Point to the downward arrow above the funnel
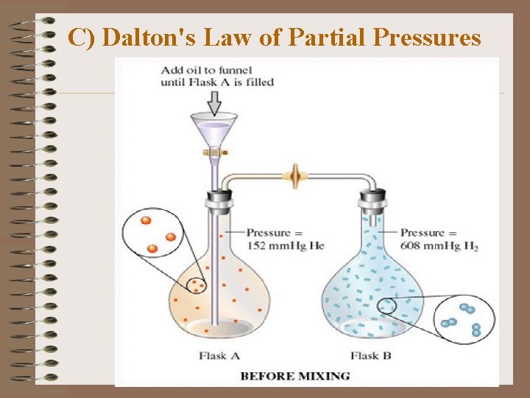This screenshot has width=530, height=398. coord(214,102)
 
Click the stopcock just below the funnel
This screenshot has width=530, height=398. coord(214,152)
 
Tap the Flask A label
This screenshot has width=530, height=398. coord(219,356)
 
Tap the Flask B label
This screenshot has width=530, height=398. coord(372,356)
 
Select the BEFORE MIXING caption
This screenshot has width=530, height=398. coord(295,376)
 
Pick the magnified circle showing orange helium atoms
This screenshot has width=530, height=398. coord(155,235)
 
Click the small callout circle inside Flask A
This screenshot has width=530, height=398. coord(196,284)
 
